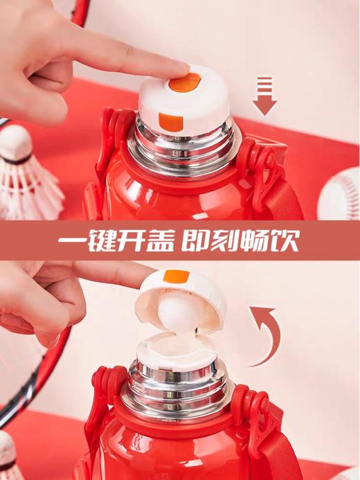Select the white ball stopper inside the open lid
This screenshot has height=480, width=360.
click(179, 310)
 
